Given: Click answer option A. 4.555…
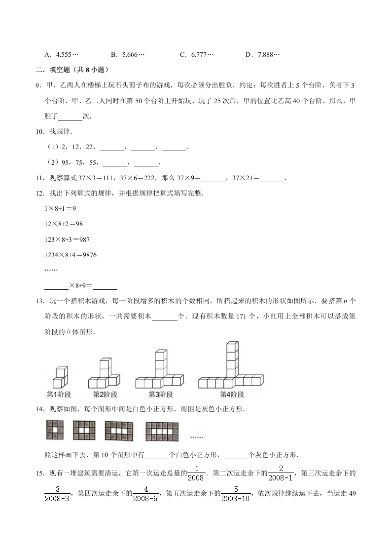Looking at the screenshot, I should point(61,54).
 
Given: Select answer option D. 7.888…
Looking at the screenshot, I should point(262,54).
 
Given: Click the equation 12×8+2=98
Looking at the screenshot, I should point(63,224).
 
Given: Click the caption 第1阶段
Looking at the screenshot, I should point(59,395).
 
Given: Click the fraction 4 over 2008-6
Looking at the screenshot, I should point(146,494).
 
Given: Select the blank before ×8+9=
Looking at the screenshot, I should point(56,285).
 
